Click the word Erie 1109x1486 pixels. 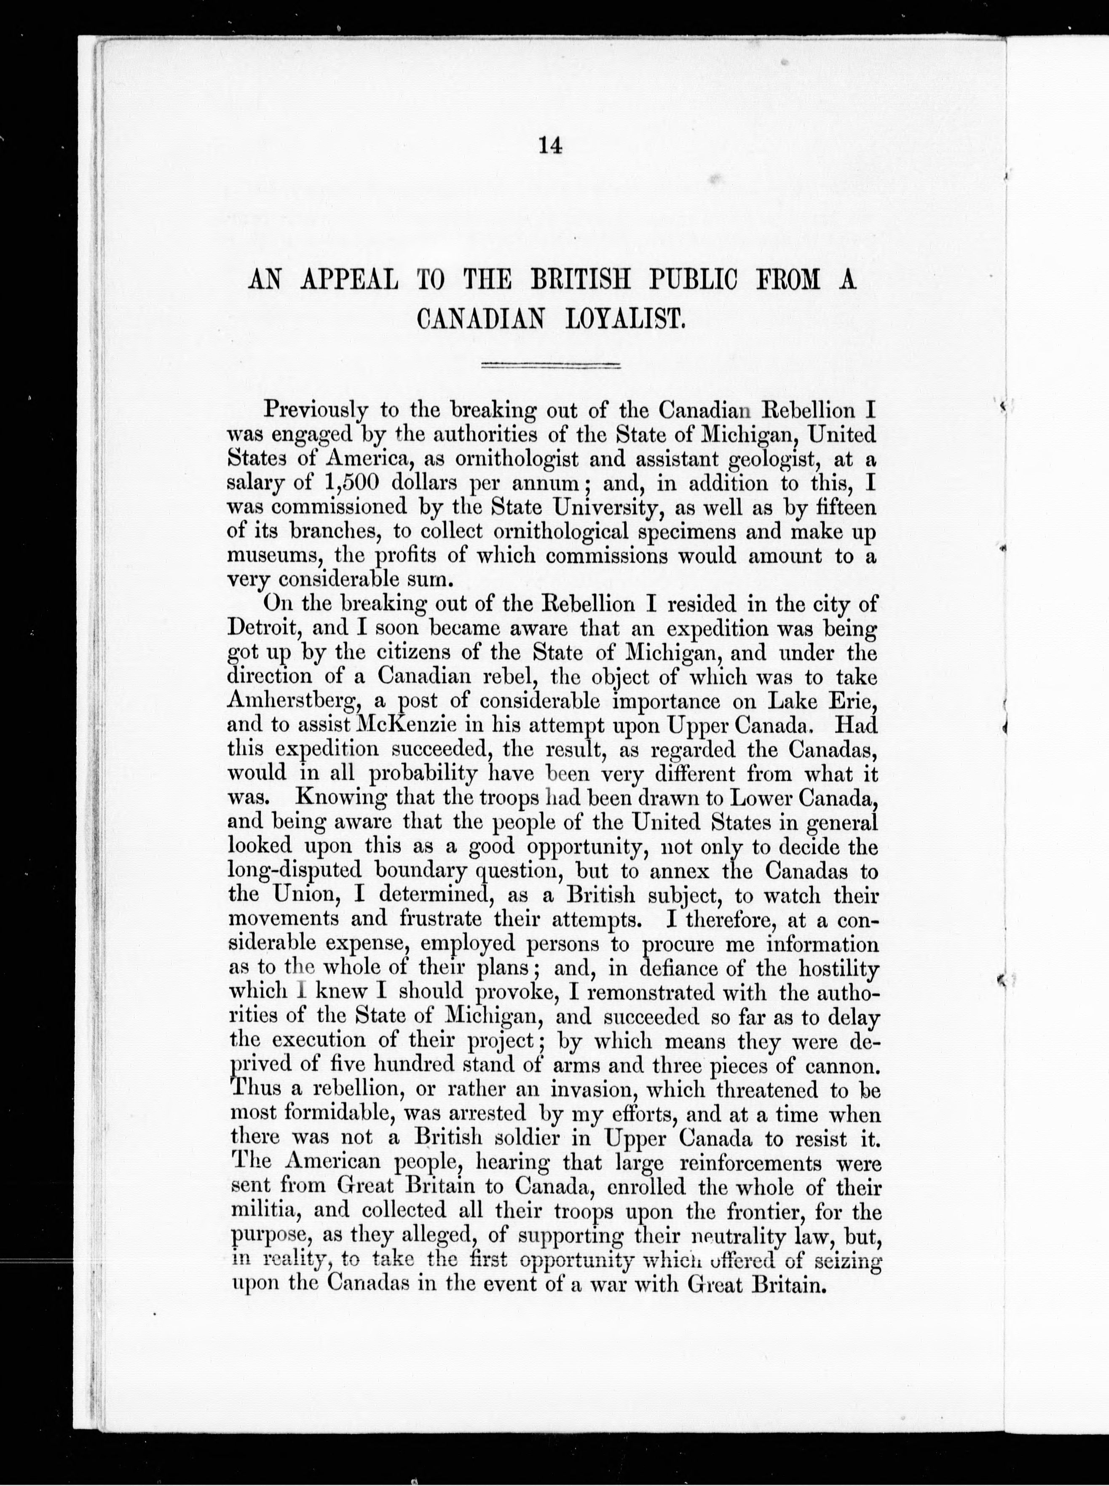coord(852,701)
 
